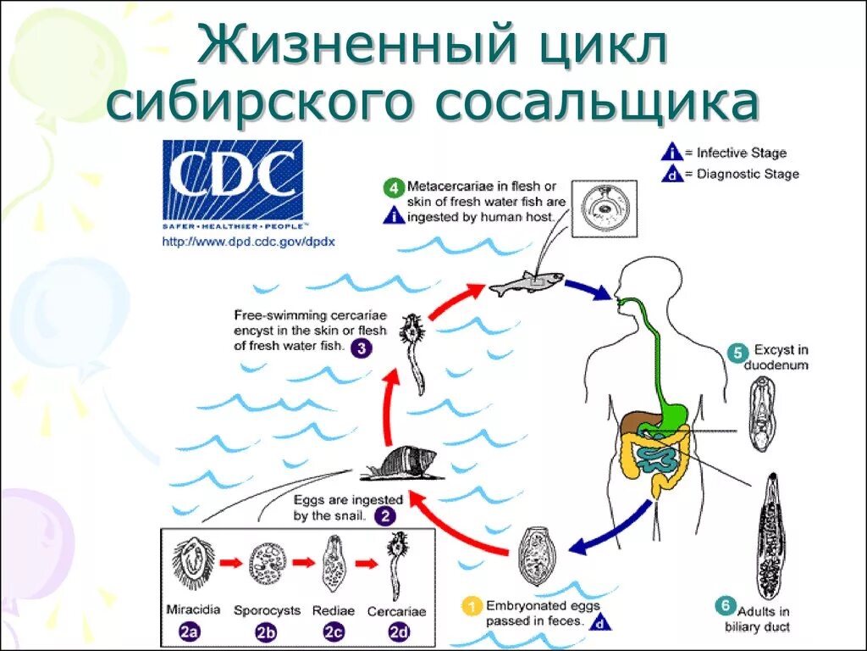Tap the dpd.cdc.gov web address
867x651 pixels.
tap(250, 242)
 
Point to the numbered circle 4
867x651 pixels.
tap(393, 186)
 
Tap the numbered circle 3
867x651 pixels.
tap(361, 348)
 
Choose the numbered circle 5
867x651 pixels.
tap(737, 350)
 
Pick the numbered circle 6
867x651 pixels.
tap(724, 605)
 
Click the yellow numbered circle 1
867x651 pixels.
tap(470, 606)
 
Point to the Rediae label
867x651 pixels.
tap(332, 610)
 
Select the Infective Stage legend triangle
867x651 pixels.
tap(671, 153)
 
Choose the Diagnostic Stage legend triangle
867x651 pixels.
tap(671, 174)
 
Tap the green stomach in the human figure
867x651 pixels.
tap(674, 407)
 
